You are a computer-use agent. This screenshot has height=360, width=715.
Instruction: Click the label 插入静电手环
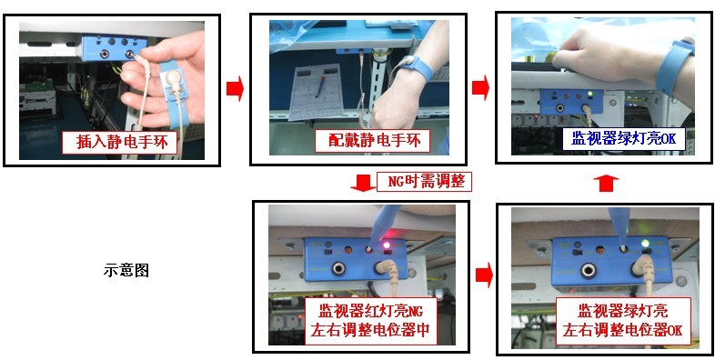tap(121, 142)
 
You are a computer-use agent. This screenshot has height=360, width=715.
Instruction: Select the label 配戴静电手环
tap(373, 141)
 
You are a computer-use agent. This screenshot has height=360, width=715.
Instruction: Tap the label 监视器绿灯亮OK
tap(624, 138)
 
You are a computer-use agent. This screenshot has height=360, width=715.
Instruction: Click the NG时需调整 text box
tap(424, 182)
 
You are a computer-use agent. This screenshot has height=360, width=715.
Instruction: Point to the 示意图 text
tap(126, 271)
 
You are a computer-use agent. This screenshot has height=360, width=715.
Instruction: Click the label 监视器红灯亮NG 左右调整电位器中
tap(370, 321)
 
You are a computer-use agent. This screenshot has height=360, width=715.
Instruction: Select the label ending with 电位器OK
tap(622, 320)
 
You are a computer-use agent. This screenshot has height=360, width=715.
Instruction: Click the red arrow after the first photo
tap(236, 88)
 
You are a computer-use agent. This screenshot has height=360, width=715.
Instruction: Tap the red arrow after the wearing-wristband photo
tap(480, 87)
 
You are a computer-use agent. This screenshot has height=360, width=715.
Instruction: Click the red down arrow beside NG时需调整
tap(363, 183)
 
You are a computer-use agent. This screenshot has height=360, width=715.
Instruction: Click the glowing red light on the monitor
tap(388, 245)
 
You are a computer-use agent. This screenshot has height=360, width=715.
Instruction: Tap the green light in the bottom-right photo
tap(645, 243)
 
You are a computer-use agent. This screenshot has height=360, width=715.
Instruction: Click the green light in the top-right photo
tap(590, 95)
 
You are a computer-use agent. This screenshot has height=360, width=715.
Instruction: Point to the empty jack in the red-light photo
tap(338, 269)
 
